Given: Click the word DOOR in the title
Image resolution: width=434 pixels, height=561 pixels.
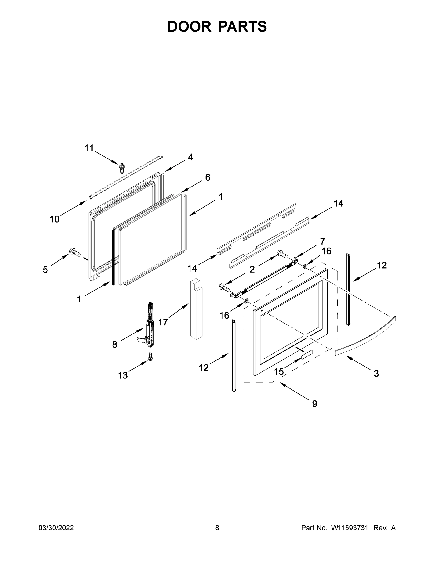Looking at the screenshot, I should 189,26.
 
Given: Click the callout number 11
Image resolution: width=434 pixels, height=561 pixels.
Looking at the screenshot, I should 89,148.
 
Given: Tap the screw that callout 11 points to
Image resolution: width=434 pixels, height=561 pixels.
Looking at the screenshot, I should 121,168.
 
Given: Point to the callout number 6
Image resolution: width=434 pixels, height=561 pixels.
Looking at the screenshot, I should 208,177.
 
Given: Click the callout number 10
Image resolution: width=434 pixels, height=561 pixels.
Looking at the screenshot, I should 55,219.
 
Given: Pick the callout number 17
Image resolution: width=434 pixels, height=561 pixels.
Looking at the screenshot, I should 163,322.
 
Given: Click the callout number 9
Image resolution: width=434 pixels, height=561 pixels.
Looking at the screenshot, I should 314,404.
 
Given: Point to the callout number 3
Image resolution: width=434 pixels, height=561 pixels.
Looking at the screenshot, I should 376,374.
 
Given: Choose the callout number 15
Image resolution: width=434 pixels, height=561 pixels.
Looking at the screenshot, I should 279,371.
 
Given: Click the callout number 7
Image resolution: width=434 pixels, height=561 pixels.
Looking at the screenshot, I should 322,241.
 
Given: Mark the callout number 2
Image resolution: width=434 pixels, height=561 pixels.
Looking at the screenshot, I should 252,269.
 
